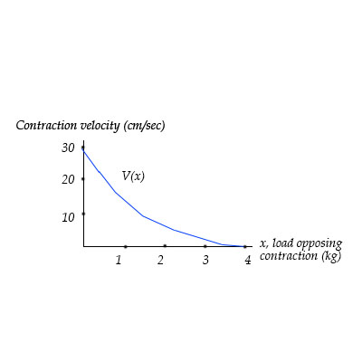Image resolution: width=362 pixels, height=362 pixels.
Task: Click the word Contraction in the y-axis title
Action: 46,125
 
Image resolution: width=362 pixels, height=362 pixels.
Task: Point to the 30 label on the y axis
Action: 68,148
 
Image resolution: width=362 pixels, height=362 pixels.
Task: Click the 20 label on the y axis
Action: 68,180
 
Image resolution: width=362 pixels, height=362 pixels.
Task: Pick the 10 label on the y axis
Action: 68,217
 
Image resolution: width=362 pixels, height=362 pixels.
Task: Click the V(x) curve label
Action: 133,176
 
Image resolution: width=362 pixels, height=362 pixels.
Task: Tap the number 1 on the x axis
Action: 119,261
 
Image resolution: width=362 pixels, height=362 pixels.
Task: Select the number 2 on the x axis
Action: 161,261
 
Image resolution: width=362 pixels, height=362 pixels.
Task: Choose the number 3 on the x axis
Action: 205,261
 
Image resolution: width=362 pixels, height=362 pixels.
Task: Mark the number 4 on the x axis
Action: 247,261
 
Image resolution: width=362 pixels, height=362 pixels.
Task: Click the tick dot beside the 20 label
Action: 83,178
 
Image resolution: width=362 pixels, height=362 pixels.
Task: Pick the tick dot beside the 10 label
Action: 83,214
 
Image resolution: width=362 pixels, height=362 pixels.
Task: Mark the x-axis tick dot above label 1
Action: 125,246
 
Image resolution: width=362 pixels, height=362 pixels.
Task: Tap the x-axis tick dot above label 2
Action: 165,245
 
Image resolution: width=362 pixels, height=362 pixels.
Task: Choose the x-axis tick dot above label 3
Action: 205,245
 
